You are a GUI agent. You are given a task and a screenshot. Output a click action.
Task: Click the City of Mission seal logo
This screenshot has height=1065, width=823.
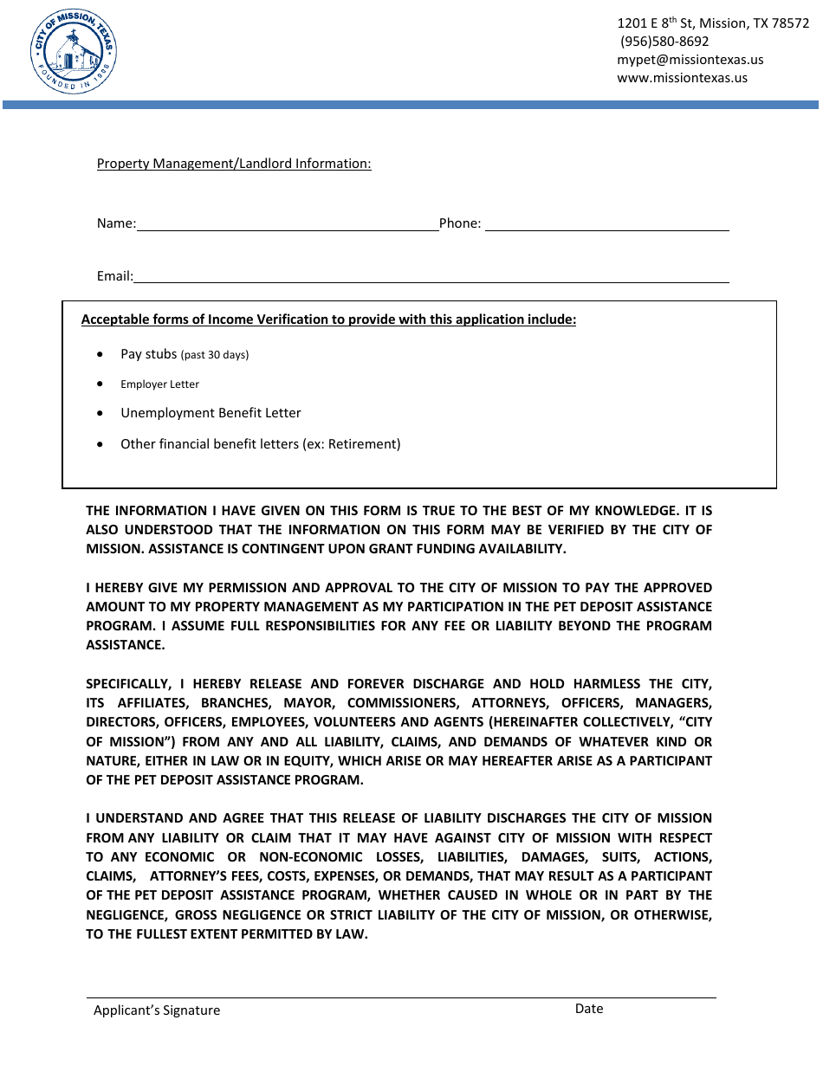(x=73, y=53)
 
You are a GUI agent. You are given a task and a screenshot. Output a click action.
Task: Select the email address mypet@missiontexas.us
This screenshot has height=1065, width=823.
(x=690, y=60)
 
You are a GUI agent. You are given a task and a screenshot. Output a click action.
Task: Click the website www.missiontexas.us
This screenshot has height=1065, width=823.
(x=682, y=78)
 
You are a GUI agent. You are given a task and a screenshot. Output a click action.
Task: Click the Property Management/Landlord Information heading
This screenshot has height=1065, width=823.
(x=234, y=164)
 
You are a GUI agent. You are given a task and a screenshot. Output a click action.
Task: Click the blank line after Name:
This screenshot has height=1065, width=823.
(x=288, y=225)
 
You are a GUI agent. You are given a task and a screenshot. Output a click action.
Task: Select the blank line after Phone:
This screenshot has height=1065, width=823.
(x=606, y=225)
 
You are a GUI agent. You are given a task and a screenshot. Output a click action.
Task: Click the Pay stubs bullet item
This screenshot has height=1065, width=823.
(x=148, y=354)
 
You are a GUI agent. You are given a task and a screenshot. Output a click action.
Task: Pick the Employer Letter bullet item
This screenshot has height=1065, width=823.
(x=159, y=384)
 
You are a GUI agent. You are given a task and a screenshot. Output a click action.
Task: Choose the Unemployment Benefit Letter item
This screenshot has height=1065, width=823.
(x=211, y=414)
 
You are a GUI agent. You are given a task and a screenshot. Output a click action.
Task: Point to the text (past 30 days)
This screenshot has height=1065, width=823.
(x=214, y=355)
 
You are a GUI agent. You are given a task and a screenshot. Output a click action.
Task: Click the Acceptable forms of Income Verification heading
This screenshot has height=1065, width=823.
(x=328, y=319)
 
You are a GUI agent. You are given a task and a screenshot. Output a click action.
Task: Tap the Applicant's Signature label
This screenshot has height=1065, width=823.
(x=157, y=1010)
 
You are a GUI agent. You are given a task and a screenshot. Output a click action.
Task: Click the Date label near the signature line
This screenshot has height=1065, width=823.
(x=589, y=1009)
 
